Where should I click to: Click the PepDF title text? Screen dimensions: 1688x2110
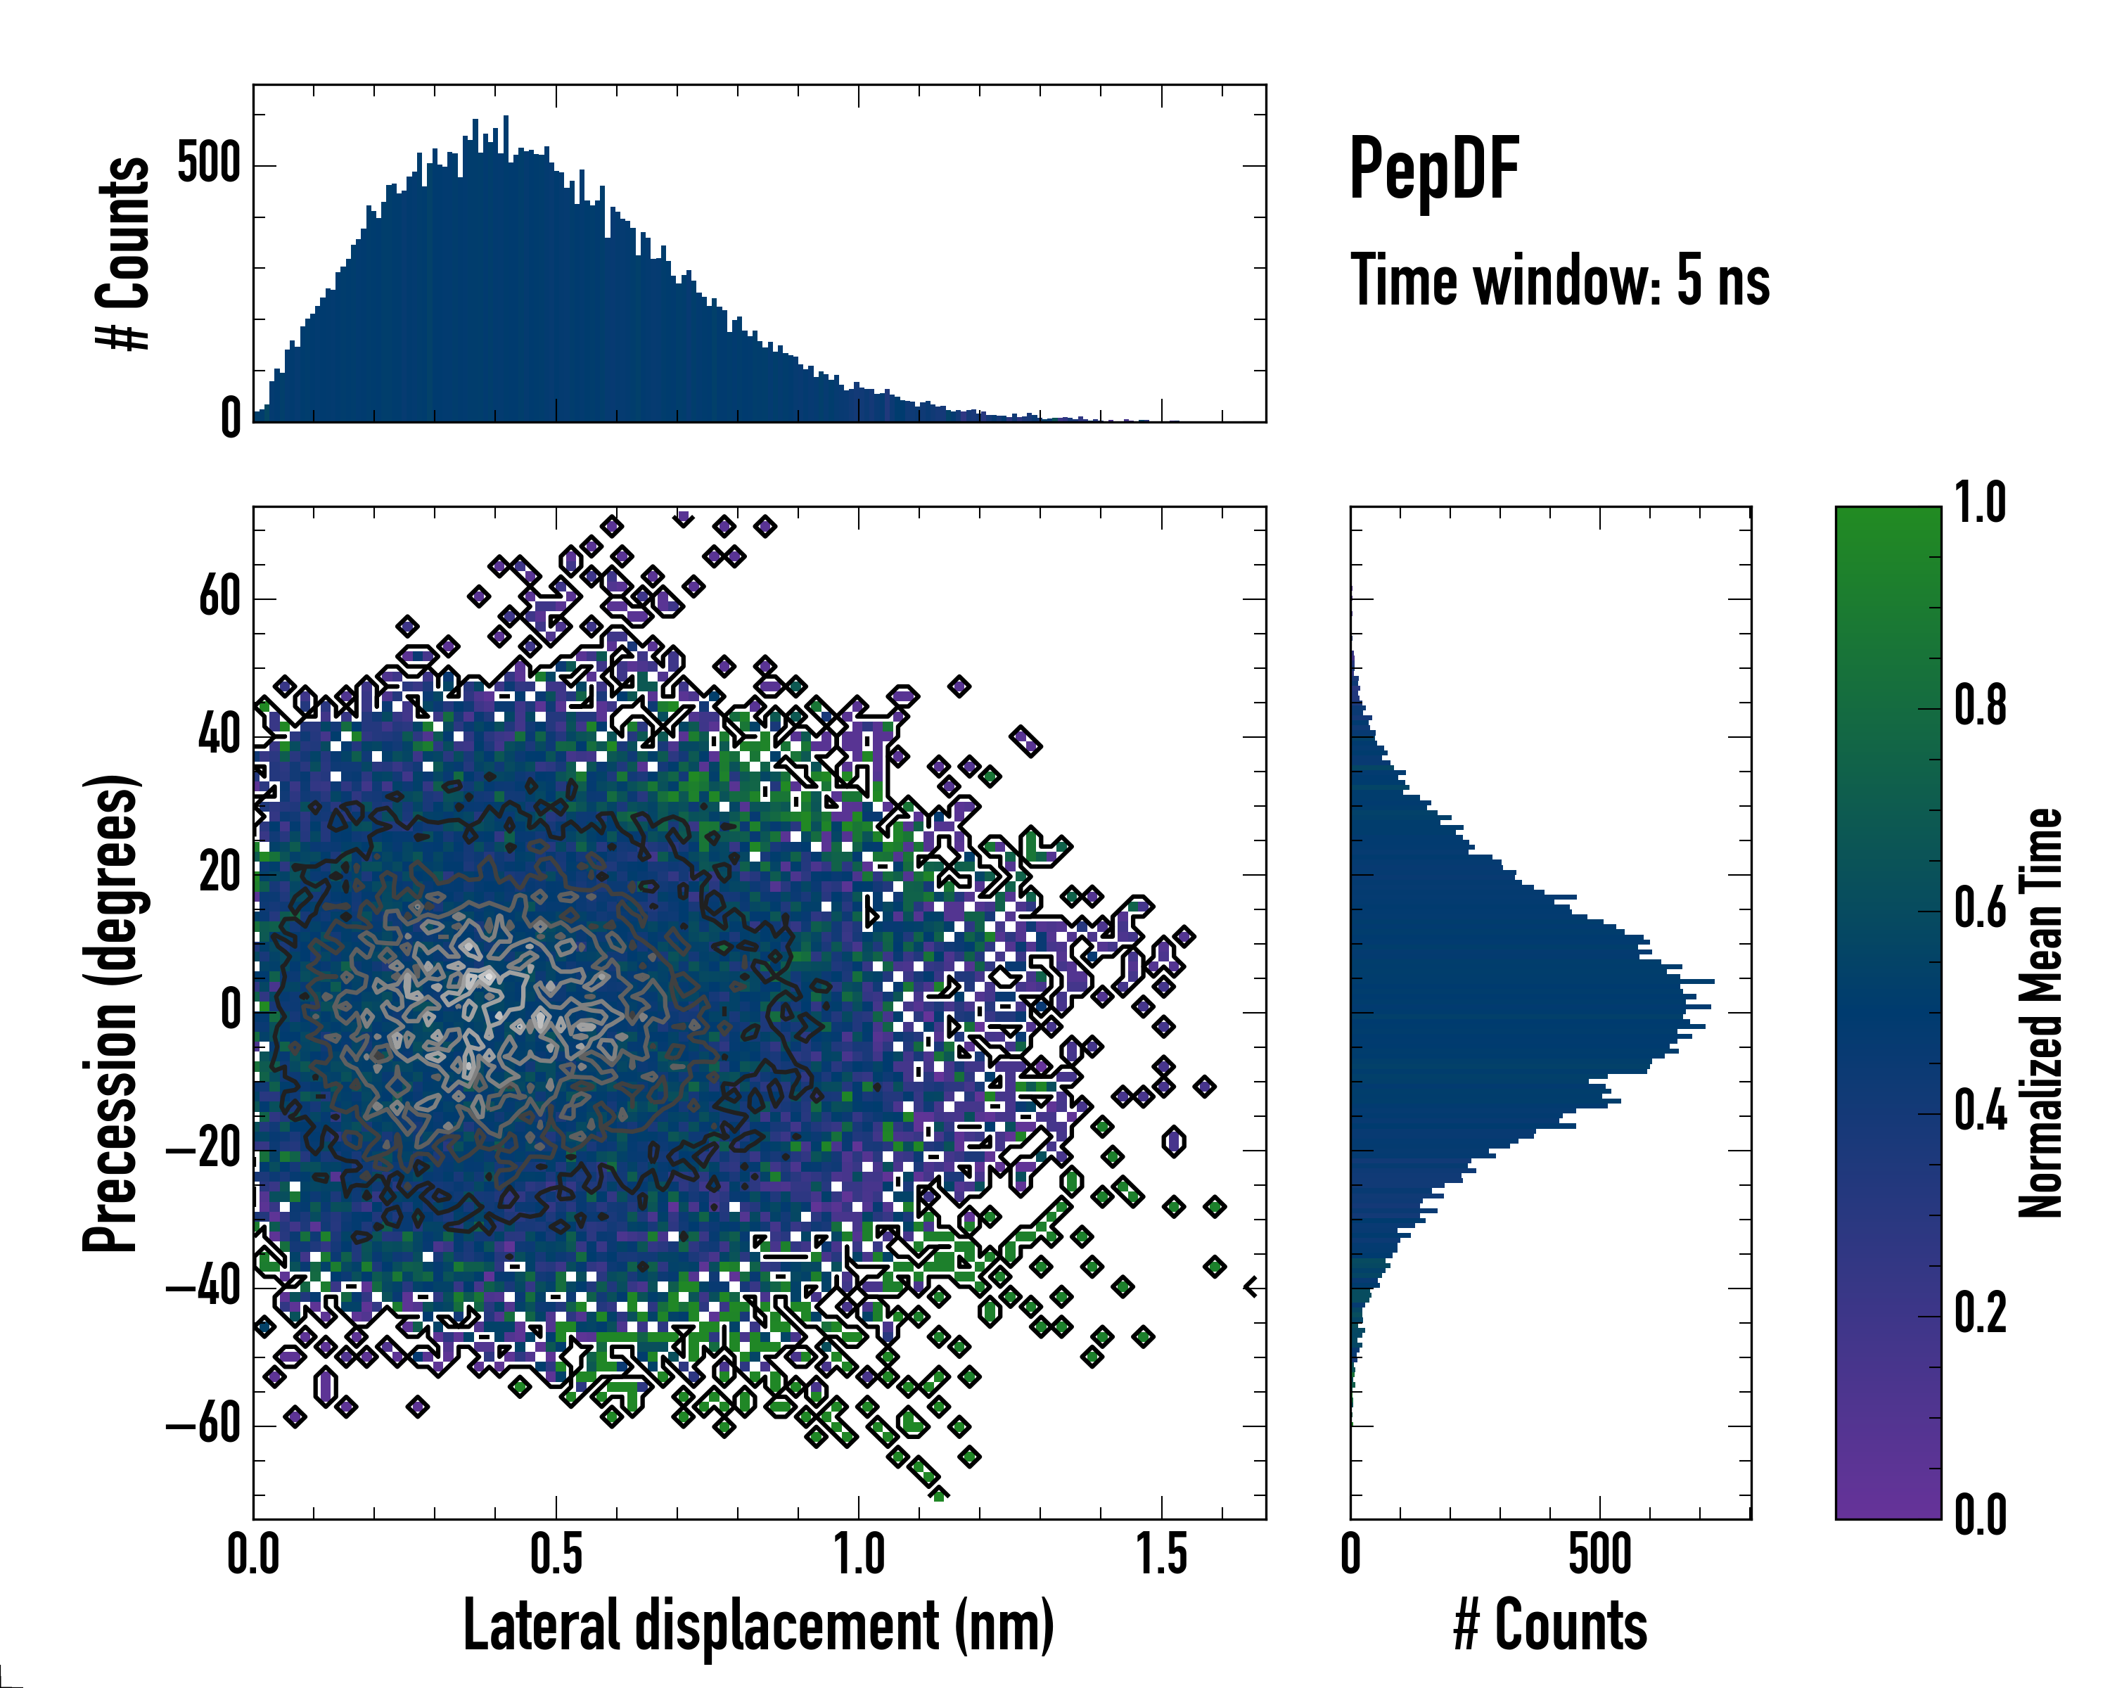pos(1433,170)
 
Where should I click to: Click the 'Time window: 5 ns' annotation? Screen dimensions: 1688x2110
pos(1560,281)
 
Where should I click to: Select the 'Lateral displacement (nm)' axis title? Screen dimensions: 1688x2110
pos(758,1625)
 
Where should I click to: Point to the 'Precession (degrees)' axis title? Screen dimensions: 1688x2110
pos(110,1013)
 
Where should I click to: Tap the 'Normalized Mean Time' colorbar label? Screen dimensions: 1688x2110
pos(2040,1013)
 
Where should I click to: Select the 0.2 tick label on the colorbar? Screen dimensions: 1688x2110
pos(1980,1313)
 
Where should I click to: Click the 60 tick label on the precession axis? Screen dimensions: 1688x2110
pos(219,597)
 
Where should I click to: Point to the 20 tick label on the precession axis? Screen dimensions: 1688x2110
pos(219,873)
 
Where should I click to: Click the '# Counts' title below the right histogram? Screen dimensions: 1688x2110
pos(1550,1625)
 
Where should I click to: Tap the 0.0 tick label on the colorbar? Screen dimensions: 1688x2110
pos(1980,1516)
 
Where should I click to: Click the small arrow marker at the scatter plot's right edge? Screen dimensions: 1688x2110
pos(1251,1287)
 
